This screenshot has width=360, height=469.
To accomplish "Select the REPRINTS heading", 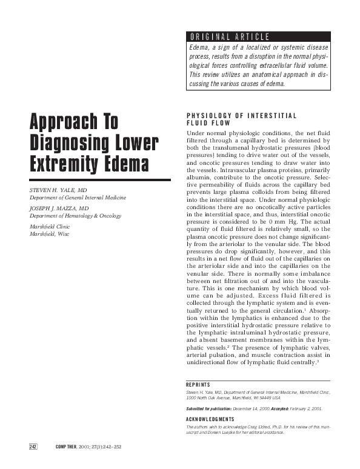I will click(198, 385).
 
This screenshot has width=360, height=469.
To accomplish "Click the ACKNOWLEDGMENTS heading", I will click(210, 419).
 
